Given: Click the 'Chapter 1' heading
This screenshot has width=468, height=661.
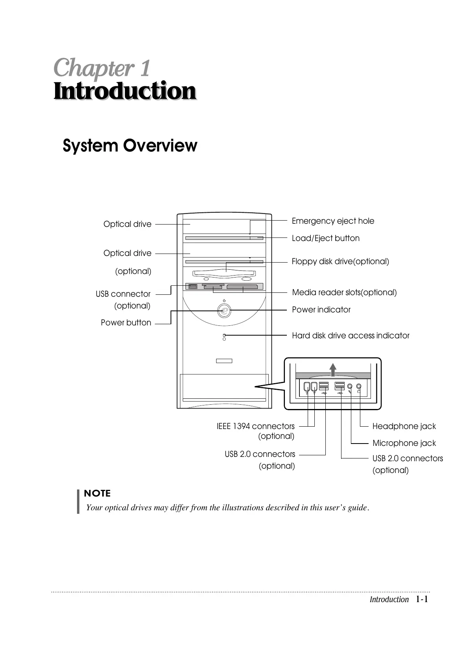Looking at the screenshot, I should click(x=102, y=68).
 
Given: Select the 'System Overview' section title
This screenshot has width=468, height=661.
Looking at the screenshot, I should click(x=130, y=146).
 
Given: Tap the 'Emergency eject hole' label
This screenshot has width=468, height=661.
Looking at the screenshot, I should click(x=333, y=221).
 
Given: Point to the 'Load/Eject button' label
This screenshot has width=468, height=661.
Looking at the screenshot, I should click(x=325, y=238).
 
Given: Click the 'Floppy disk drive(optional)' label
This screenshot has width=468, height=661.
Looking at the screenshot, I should click(x=340, y=261).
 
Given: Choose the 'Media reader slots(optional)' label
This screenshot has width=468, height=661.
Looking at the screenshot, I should click(x=344, y=292).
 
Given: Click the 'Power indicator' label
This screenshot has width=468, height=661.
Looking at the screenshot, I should click(x=321, y=310).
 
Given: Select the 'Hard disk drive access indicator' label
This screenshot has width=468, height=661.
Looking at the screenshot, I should click(x=351, y=336).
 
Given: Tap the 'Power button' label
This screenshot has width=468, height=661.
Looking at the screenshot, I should click(x=126, y=323).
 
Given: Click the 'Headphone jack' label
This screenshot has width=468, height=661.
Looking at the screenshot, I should click(x=404, y=426).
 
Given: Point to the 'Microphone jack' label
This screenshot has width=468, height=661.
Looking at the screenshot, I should click(x=404, y=443).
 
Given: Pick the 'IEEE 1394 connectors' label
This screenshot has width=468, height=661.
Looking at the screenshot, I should click(x=255, y=426).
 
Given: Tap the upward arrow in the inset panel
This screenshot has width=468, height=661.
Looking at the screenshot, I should click(x=333, y=369).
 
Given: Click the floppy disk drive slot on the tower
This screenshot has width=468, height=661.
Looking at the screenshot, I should click(x=224, y=274).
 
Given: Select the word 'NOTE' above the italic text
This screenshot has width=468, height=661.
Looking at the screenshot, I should click(x=97, y=493).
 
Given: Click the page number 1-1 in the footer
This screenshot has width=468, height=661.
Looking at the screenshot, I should click(x=422, y=599).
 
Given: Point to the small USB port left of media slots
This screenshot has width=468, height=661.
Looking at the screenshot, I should click(x=192, y=287).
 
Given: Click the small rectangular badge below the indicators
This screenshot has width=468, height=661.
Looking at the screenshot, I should click(x=224, y=361).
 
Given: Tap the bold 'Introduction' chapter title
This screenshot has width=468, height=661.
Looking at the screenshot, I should click(x=125, y=91).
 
